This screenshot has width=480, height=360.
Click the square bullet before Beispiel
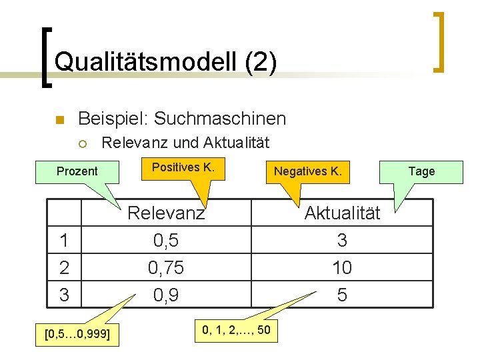pyautogui.click(x=59, y=121)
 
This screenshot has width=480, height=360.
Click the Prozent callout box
pyautogui.click(x=77, y=171)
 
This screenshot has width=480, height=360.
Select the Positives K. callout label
pyautogui.click(x=183, y=167)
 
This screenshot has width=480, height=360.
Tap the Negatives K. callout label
pyautogui.click(x=307, y=171)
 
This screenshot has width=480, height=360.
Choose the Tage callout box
pyautogui.click(x=421, y=171)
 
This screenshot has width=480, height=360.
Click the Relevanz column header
pyautogui.click(x=166, y=213)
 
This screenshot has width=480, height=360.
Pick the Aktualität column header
pyautogui.click(x=342, y=213)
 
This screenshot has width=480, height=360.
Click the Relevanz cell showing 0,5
pyautogui.click(x=166, y=240)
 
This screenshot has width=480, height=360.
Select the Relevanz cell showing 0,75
pyautogui.click(x=166, y=267)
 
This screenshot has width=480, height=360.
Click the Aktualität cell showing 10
pyautogui.click(x=342, y=267)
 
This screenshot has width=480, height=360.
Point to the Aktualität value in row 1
pyautogui.click(x=342, y=240)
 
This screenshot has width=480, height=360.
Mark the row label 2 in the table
pyautogui.click(x=64, y=267)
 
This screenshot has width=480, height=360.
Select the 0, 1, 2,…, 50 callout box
pyautogui.click(x=237, y=330)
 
